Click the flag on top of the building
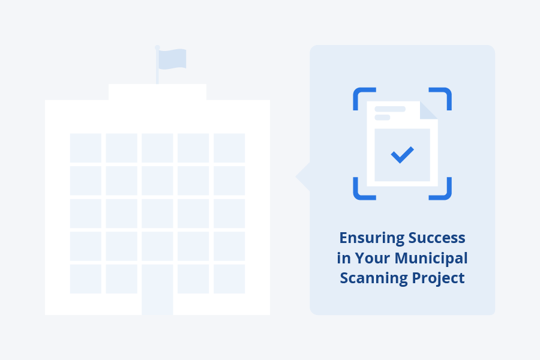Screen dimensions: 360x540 tap(173, 59)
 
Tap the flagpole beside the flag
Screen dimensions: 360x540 tap(157, 66)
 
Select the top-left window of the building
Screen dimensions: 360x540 tap(86, 148)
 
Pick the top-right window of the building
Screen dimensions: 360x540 tap(229, 148)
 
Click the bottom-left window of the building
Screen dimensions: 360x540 tap(86, 279)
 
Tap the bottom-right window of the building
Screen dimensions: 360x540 tap(229, 279)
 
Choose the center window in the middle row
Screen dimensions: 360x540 tap(157, 213)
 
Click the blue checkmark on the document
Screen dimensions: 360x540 tap(402, 155)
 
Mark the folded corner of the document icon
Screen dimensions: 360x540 tap(428, 110)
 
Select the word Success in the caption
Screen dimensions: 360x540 tap(437, 238)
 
